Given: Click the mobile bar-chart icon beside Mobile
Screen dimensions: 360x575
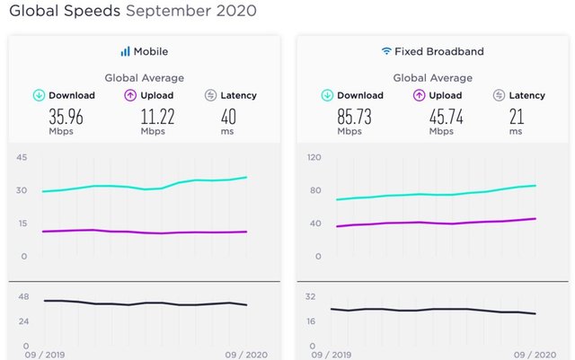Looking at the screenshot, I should tap(125, 51).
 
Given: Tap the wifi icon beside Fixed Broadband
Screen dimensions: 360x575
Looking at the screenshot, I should tap(385, 51).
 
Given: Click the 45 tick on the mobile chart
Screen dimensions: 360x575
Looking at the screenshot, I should tap(22, 157).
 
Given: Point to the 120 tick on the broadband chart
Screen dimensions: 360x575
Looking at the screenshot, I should tap(313, 157).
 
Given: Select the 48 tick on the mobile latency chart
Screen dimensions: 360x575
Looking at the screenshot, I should tap(23, 296).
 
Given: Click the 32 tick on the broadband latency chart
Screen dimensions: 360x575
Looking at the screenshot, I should tap(311, 296).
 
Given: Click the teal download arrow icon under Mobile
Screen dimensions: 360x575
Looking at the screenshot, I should tap(39, 95).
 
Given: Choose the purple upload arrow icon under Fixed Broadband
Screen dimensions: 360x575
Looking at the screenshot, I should tap(418, 95).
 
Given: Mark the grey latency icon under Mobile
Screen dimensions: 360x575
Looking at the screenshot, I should tap(210, 95).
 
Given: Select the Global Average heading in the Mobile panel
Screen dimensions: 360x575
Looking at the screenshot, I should tap(145, 78).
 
